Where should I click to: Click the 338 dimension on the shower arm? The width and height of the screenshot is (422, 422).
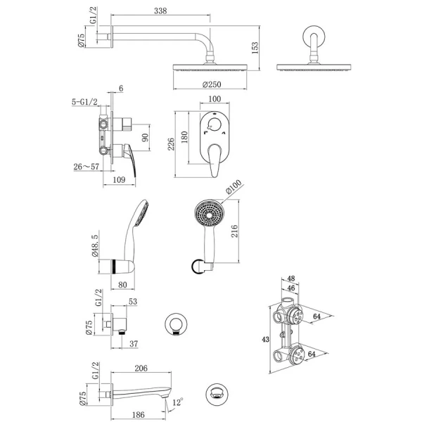click(160, 11)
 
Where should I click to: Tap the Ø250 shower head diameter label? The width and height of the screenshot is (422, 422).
click(212, 84)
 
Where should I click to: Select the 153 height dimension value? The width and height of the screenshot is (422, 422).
click(255, 48)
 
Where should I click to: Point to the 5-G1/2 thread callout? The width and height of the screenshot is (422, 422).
click(85, 102)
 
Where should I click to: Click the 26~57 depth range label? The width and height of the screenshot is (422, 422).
click(87, 167)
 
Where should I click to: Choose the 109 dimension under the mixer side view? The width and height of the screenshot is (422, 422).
click(119, 179)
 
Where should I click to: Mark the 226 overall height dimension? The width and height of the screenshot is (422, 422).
click(171, 144)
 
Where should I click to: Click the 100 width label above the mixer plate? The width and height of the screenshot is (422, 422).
click(215, 98)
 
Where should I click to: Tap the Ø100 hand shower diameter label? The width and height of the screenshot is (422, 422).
click(234, 187)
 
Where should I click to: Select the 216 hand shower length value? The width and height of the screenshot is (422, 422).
click(234, 231)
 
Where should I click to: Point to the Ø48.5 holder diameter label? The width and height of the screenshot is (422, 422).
click(95, 245)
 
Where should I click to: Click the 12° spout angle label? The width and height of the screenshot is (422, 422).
click(178, 402)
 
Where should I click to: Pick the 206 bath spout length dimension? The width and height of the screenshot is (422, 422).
click(141, 368)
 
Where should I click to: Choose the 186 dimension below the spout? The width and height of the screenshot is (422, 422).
click(139, 415)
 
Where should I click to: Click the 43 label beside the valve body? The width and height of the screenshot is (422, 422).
click(265, 340)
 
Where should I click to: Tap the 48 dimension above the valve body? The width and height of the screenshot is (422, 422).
click(291, 279)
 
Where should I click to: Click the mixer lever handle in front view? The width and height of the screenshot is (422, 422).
click(215, 160)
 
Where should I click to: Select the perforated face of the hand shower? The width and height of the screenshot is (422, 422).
click(209, 215)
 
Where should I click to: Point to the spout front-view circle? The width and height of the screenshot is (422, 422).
click(217, 395)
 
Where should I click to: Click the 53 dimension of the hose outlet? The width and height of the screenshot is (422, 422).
click(133, 302)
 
